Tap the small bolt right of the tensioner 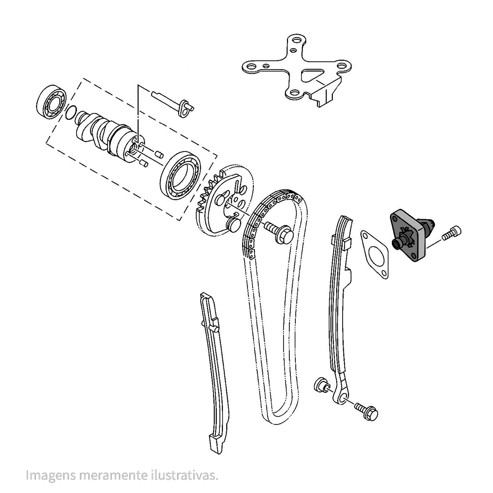tap(452, 233)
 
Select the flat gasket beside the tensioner tap(375, 254)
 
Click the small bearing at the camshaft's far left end tap(52, 101)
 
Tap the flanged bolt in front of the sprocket tap(279, 232)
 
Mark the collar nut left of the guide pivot tap(321, 385)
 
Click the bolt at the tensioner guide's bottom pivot tap(366, 411)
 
